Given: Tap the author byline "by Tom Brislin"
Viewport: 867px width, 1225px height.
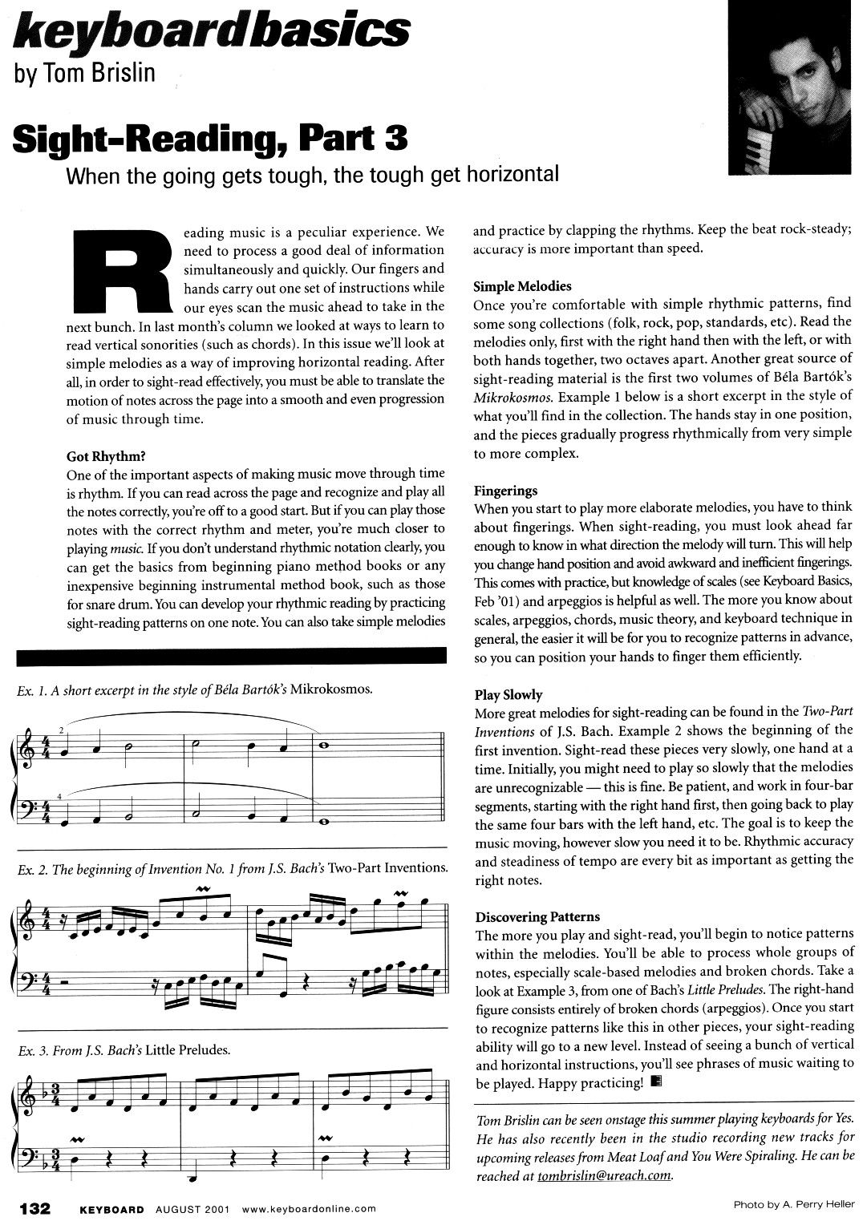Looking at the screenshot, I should pyautogui.click(x=84, y=74).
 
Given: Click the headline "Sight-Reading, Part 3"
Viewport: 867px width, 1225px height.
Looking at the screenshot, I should pyautogui.click(x=210, y=137).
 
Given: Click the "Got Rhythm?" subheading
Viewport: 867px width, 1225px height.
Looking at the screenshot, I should pyautogui.click(x=106, y=456).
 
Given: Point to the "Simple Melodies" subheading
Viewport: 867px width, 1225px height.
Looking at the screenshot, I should pyautogui.click(x=522, y=286).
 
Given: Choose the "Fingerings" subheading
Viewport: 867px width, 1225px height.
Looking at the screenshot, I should pyautogui.click(x=505, y=490).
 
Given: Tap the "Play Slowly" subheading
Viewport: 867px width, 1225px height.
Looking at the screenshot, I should pyautogui.click(x=508, y=694).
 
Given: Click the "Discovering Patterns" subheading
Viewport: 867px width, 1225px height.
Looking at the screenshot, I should pyautogui.click(x=537, y=916).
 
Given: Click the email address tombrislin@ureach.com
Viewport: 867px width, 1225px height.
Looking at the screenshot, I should pyautogui.click(x=604, y=1176).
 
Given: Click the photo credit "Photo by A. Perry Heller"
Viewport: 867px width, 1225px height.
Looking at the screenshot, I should pyautogui.click(x=794, y=1206).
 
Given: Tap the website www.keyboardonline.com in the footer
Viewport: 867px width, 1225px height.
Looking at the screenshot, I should pyautogui.click(x=308, y=1208).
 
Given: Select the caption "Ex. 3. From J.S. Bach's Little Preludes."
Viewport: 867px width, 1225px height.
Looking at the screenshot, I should pyautogui.click(x=124, y=1049).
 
